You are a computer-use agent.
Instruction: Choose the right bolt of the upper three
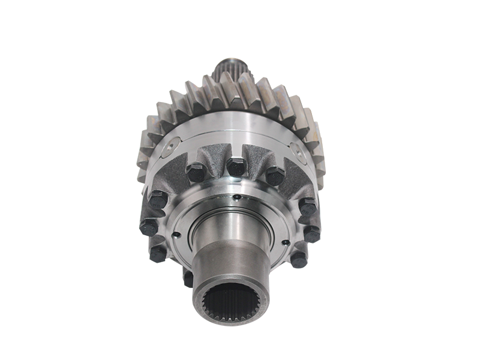pyautogui.click(x=275, y=175)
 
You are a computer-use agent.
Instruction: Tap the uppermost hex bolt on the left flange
pyautogui.click(x=158, y=200)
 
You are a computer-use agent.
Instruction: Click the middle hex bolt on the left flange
pyautogui.click(x=148, y=228)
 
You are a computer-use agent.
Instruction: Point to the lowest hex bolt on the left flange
pyautogui.click(x=158, y=253)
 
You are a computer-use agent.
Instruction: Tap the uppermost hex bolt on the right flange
pyautogui.click(x=308, y=207)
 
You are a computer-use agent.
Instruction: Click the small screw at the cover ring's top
pyautogui.click(x=237, y=197)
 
